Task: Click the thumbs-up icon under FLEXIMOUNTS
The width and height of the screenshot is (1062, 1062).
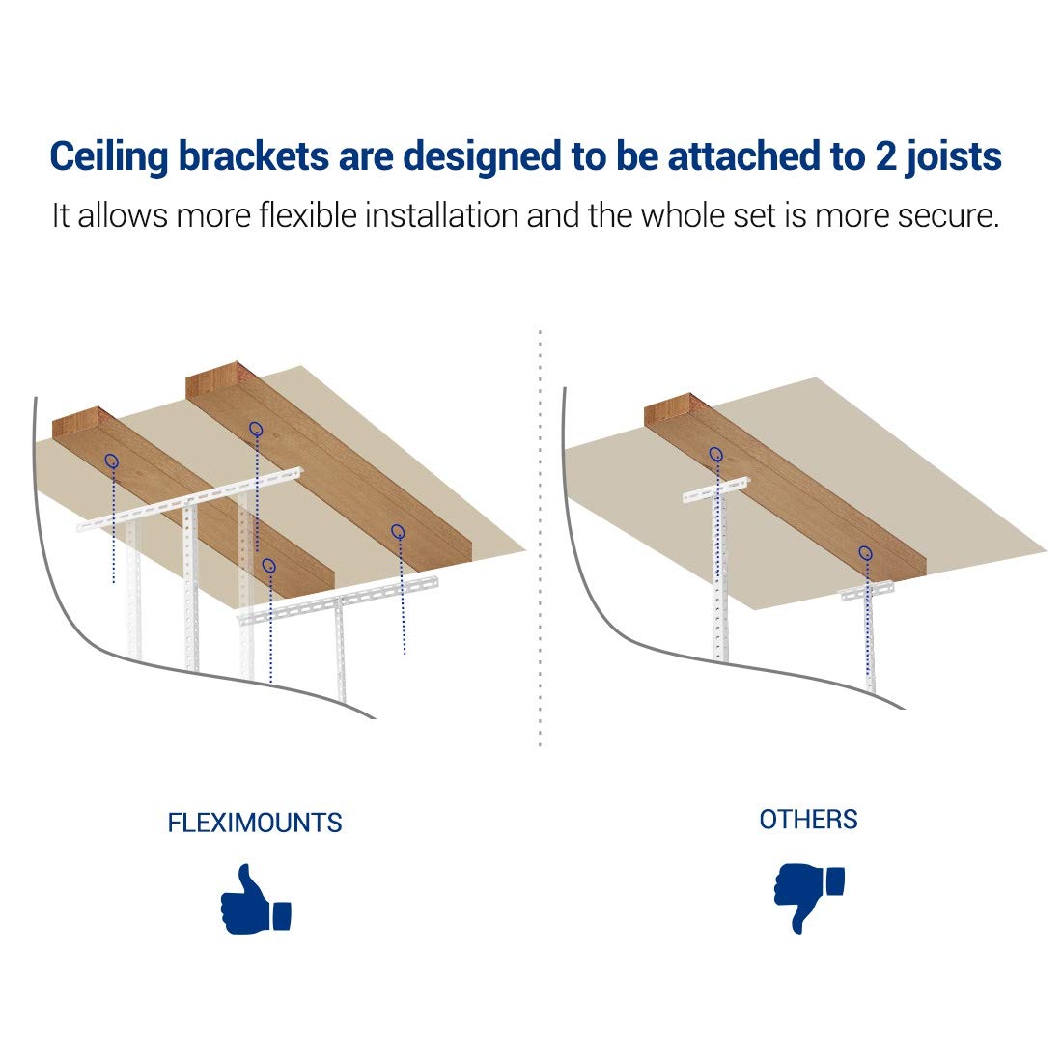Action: click(255, 900)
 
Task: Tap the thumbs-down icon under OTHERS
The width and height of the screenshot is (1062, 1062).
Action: click(809, 898)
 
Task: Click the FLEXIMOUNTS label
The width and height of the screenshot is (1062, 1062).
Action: click(255, 823)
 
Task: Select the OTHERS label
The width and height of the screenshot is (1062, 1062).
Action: click(808, 820)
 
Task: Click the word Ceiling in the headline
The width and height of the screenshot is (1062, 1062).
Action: click(108, 157)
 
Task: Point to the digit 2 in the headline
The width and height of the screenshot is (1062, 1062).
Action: click(885, 156)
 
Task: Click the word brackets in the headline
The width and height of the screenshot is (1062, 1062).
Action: click(254, 155)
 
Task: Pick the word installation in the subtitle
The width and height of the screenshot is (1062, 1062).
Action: click(441, 215)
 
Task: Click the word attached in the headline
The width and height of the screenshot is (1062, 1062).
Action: click(744, 155)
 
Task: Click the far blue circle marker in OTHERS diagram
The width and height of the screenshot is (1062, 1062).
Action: click(716, 454)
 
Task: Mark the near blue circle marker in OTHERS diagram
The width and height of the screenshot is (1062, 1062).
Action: click(866, 552)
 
